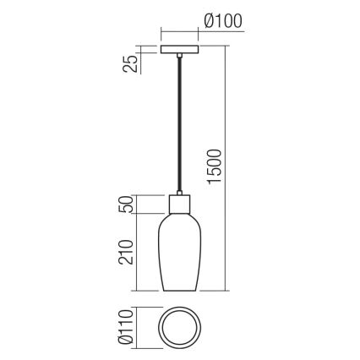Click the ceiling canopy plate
(x=180, y=50)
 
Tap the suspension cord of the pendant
(x=180, y=127)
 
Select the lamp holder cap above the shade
(x=180, y=205)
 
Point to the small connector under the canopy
(x=180, y=57)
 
